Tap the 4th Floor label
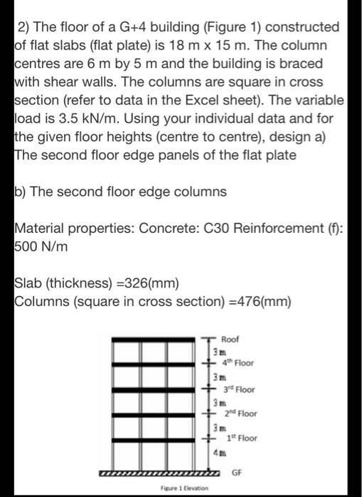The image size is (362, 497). click(x=240, y=364)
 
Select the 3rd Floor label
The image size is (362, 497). click(x=240, y=389)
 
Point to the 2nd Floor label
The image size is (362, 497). click(x=240, y=414)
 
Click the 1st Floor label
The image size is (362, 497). click(x=240, y=439)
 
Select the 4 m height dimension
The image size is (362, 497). click(x=213, y=454)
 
